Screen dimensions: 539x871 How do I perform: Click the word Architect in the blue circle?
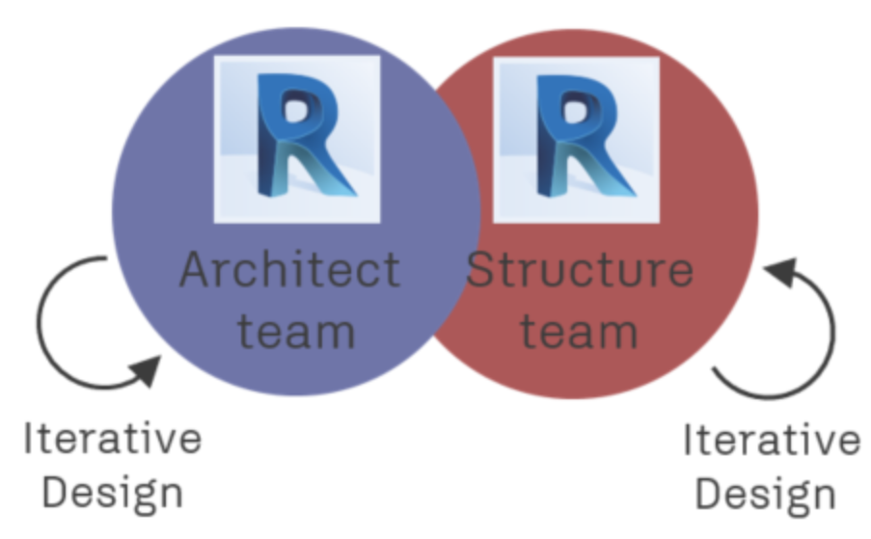point(289,271)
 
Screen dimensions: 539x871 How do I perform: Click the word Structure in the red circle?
point(580,271)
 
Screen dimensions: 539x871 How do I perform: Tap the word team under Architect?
point(296,330)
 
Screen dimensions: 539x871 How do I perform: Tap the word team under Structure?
point(579,330)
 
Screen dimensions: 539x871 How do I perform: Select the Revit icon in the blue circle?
point(296,139)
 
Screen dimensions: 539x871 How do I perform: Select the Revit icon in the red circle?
point(577,139)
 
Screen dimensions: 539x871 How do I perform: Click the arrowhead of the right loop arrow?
point(779,273)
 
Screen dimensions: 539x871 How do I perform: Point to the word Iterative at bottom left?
point(113,439)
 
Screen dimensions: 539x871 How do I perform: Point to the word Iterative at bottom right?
point(772,441)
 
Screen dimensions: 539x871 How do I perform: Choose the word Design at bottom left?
point(113,493)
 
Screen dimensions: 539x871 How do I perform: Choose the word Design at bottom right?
point(766,495)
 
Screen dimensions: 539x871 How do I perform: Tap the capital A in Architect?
point(196,270)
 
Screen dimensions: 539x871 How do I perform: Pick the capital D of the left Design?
point(57,493)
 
